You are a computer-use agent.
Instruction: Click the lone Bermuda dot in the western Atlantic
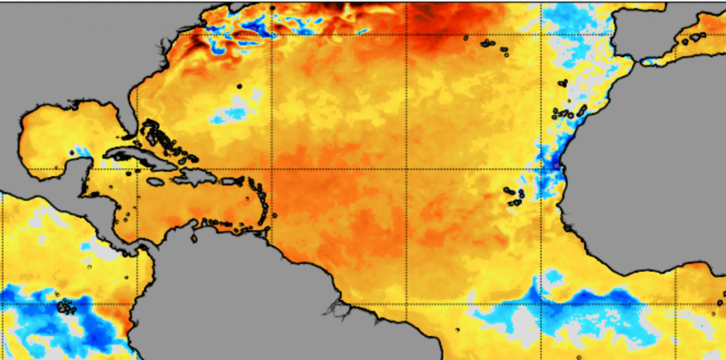(239, 86)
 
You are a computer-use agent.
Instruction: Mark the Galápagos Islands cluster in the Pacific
(67, 307)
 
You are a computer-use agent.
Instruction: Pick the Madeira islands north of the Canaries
(562, 83)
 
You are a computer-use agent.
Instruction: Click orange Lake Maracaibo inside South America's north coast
(194, 238)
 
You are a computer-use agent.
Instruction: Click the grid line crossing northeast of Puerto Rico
(272, 169)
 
